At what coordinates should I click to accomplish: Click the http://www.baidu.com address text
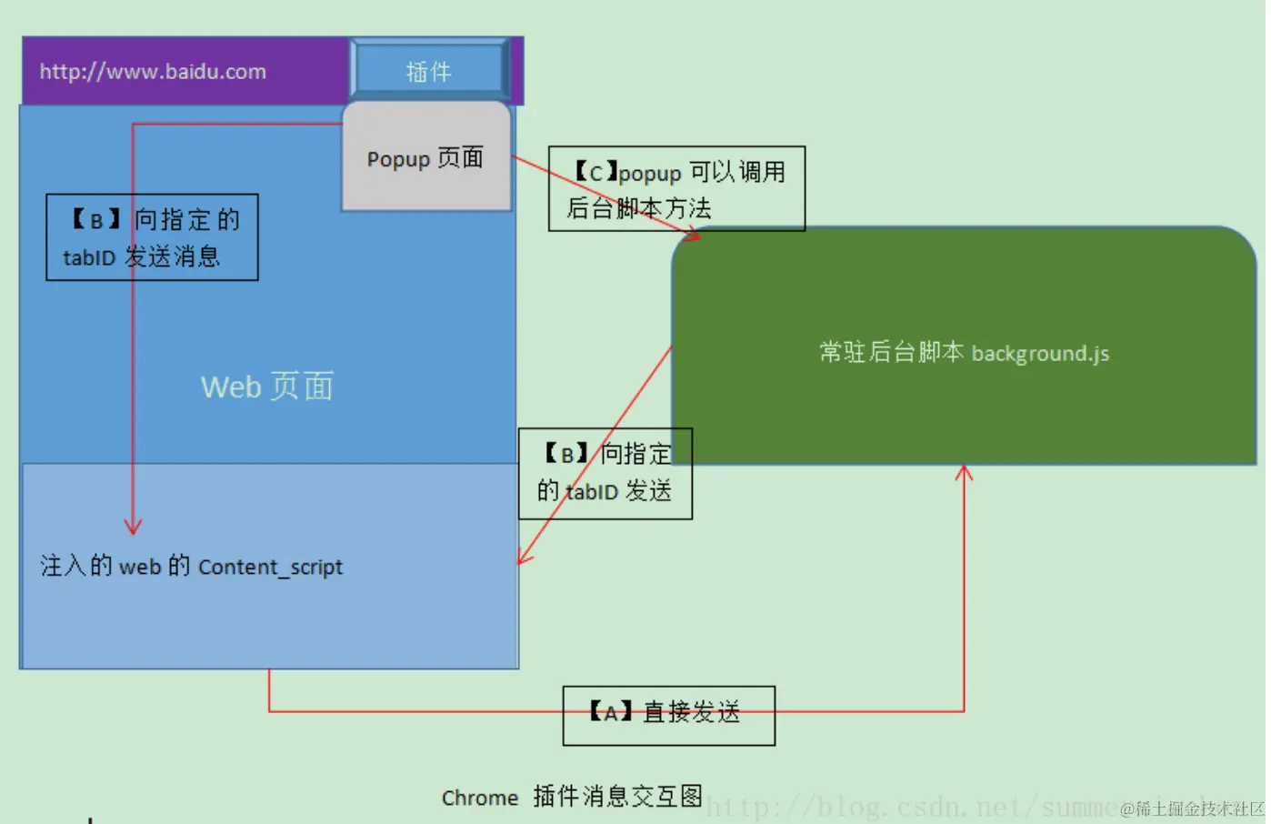click(x=153, y=72)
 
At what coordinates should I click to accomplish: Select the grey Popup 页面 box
click(x=425, y=158)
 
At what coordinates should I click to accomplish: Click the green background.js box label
click(x=964, y=353)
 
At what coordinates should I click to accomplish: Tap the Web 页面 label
click(x=267, y=387)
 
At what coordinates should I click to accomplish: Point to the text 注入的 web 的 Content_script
click(x=192, y=567)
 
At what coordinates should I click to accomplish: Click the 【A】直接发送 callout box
click(x=668, y=715)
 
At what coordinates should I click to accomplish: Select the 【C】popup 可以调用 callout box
click(x=676, y=188)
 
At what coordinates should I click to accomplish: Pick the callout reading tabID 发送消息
click(x=152, y=236)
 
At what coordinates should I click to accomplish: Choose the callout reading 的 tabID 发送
click(x=605, y=474)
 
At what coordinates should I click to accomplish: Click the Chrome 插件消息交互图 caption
click(x=572, y=797)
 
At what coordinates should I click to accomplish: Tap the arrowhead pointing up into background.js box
click(x=964, y=472)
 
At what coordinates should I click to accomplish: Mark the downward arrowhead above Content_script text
click(x=134, y=527)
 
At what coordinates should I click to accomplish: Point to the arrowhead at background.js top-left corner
click(x=694, y=236)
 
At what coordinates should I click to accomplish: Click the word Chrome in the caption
click(x=479, y=798)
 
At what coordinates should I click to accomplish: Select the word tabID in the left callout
click(x=89, y=258)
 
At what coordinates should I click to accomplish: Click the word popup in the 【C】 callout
click(x=650, y=173)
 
